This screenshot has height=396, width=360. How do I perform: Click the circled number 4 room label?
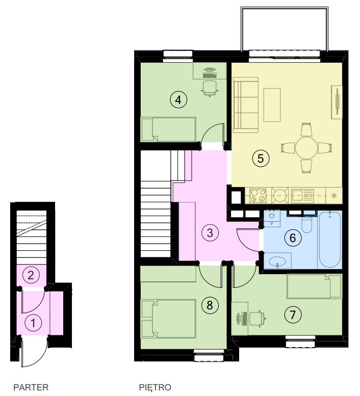[178, 100]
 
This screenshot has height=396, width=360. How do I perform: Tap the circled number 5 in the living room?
[261, 159]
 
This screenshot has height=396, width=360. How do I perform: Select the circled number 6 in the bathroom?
[293, 237]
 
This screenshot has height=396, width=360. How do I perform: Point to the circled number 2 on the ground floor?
[31, 275]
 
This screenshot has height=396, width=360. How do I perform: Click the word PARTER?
[31, 387]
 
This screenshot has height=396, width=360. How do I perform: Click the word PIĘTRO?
[155, 387]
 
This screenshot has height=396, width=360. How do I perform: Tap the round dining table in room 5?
[306, 148]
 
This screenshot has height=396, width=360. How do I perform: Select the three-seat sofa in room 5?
[246, 105]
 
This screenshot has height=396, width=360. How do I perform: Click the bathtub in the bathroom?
[330, 240]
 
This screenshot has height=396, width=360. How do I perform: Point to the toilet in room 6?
[307, 224]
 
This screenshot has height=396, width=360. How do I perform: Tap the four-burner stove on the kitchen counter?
[258, 196]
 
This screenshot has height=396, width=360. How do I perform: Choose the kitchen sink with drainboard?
[302, 196]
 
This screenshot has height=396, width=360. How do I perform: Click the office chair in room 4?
[210, 88]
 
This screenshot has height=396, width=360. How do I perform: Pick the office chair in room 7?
[258, 319]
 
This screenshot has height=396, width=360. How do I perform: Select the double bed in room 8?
[168, 319]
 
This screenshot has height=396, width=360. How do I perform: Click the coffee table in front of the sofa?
[272, 105]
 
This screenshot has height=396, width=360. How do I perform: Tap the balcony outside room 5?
[285, 29]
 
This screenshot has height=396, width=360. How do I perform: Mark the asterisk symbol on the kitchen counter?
[334, 196]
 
